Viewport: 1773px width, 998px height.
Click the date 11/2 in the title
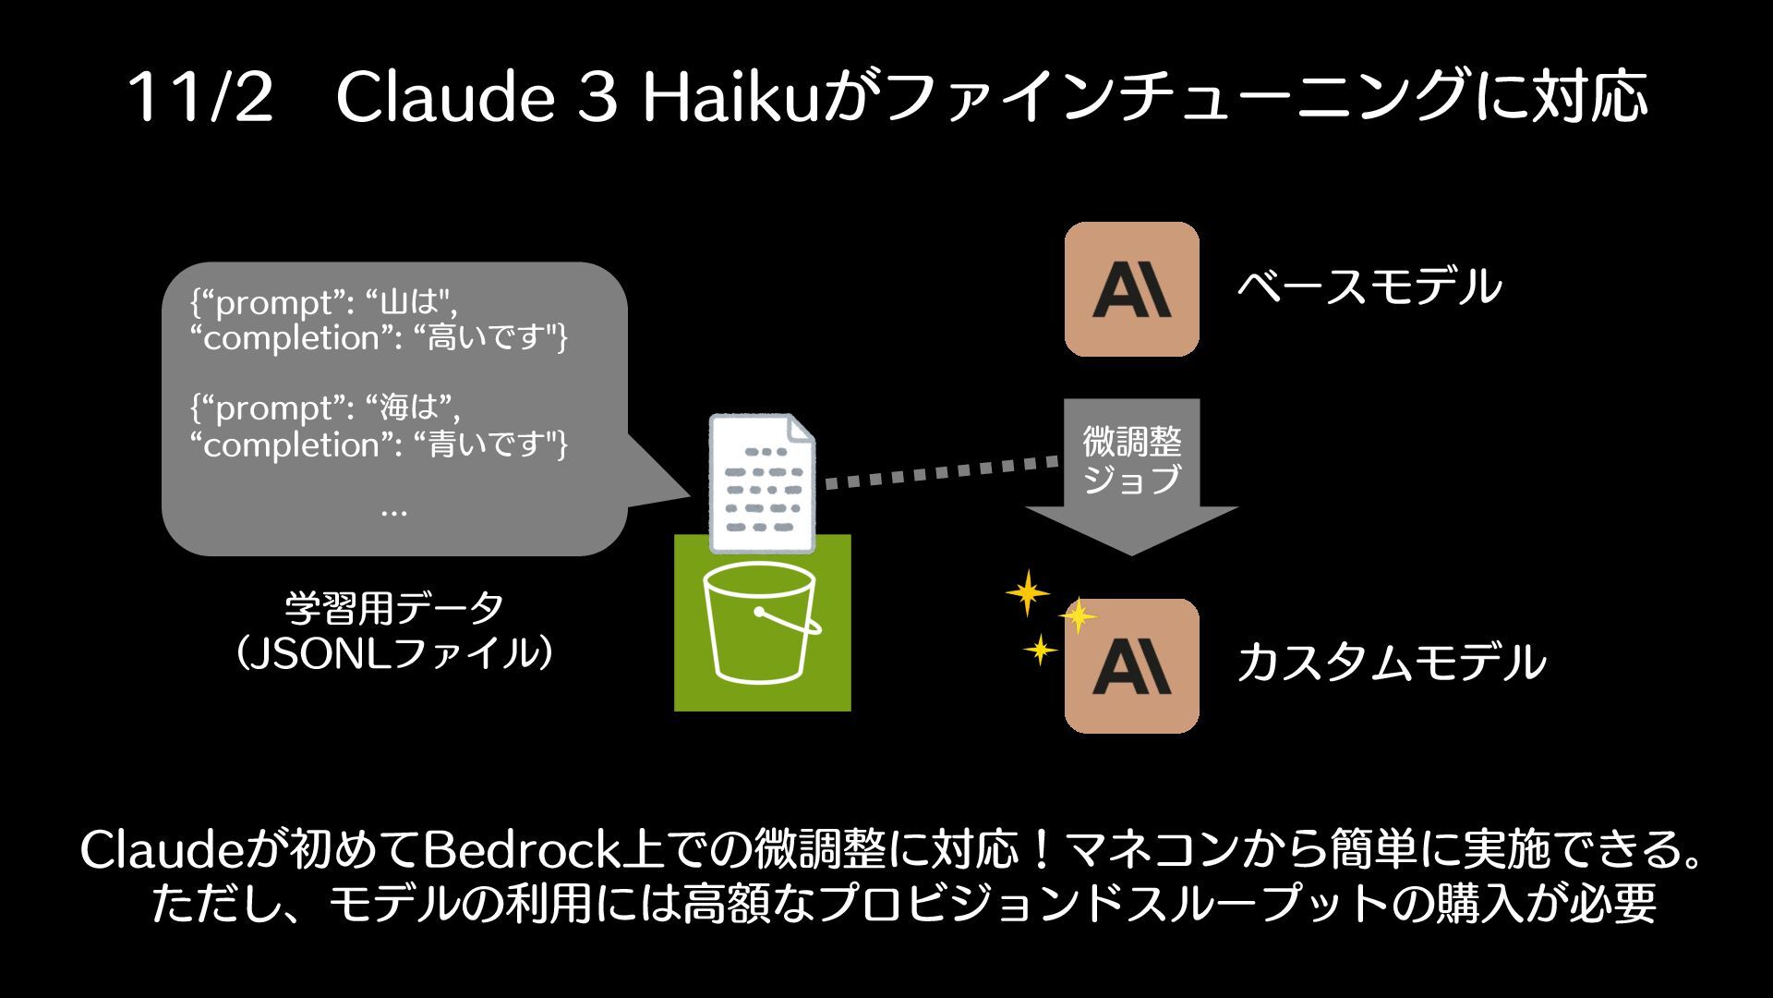pyautogui.click(x=200, y=97)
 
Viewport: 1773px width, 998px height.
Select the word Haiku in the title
pyautogui.click(x=730, y=97)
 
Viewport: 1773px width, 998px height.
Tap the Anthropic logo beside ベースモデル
pyautogui.click(x=1131, y=289)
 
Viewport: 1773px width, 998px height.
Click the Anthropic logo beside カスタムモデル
pyautogui.click(x=1131, y=666)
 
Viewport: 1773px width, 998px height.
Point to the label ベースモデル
pyautogui.click(x=1369, y=287)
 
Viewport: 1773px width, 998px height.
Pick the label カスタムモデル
pyautogui.click(x=1391, y=663)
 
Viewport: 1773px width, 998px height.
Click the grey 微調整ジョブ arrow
pyautogui.click(x=1131, y=471)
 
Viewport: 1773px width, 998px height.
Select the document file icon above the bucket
pyautogui.click(x=762, y=481)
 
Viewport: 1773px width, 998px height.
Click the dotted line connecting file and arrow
pyautogui.click(x=942, y=472)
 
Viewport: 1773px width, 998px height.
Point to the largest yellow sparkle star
pyautogui.click(x=1027, y=592)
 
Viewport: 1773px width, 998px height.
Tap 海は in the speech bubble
pyautogui.click(x=407, y=408)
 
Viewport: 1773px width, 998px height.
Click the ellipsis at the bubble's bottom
pyautogui.click(x=393, y=510)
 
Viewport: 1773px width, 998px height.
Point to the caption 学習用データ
pyautogui.click(x=394, y=609)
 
